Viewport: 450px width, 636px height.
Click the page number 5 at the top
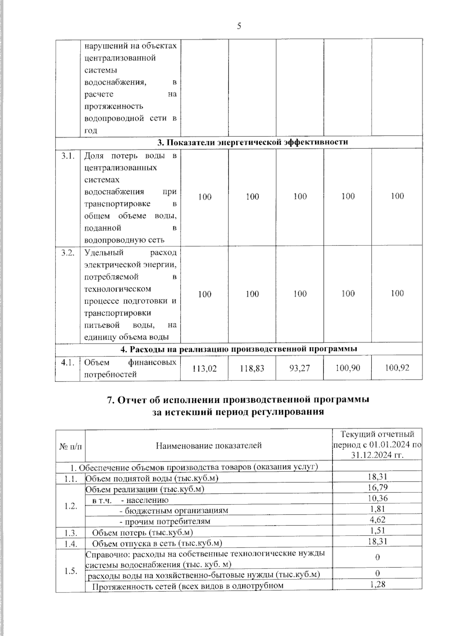tap(239, 26)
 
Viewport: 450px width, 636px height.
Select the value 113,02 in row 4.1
tap(204, 368)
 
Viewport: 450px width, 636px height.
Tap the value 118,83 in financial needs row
tap(252, 368)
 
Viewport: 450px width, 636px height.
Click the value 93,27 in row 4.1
tap(300, 368)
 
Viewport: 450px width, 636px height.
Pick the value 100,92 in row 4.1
tap(397, 368)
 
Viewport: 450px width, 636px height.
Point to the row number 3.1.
tap(68, 156)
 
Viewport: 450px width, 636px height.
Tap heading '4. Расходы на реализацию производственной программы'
tap(238, 349)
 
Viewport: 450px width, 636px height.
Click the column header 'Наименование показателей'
tap(209, 446)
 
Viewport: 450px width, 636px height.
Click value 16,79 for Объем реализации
tap(378, 487)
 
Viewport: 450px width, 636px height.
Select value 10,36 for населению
tap(378, 498)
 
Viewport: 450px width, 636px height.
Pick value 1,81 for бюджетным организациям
tap(378, 509)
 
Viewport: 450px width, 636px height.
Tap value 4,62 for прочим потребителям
tap(378, 519)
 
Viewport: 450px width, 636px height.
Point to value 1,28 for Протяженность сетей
tap(378, 584)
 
